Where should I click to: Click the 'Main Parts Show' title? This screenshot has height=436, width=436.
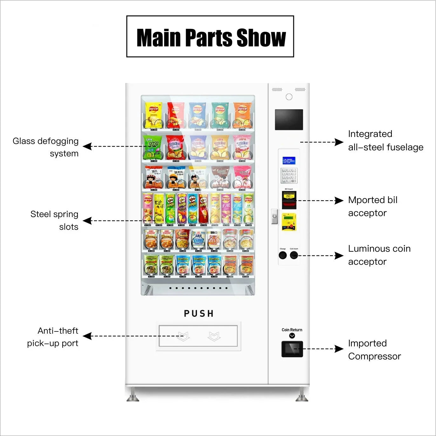click(x=211, y=37)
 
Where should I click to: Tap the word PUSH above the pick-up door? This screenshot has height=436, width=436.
click(x=199, y=314)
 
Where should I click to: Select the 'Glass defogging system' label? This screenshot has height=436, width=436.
click(x=46, y=147)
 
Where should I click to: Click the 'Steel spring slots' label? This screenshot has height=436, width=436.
click(x=54, y=221)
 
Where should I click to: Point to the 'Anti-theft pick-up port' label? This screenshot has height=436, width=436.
click(x=53, y=337)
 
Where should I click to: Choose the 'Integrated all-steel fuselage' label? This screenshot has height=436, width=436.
click(x=385, y=140)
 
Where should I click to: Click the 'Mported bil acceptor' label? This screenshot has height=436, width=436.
click(x=373, y=206)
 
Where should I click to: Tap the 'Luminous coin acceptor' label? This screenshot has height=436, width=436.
click(x=379, y=255)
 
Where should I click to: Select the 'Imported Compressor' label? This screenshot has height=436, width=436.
click(x=374, y=350)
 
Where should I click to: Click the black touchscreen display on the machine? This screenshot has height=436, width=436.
click(x=289, y=119)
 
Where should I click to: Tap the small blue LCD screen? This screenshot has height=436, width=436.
click(x=289, y=160)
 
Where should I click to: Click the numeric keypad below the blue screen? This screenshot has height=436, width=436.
click(x=289, y=175)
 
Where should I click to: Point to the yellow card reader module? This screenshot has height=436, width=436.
click(x=289, y=221)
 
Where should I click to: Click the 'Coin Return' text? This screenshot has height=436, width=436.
click(x=292, y=330)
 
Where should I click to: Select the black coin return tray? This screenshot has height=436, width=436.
click(x=292, y=349)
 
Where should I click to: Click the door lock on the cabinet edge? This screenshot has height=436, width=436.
click(x=275, y=216)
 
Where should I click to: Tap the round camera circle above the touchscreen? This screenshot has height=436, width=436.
click(x=289, y=97)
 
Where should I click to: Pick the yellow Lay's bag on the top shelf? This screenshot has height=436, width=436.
click(x=153, y=115)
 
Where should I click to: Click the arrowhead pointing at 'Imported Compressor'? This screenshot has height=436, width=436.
click(x=339, y=349)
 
